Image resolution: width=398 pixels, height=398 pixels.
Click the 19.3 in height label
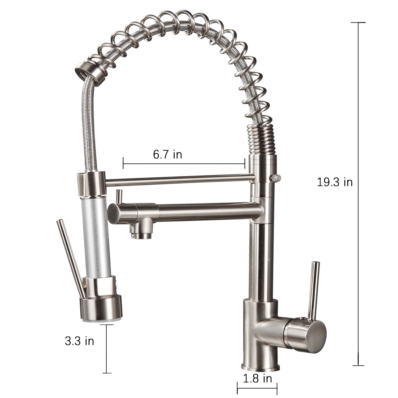tap(335, 182)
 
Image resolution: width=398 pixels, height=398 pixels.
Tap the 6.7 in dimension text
tap(167, 154)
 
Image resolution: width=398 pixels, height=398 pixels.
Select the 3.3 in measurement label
tap(80, 341)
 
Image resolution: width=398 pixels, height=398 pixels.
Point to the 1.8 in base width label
tap(258, 378)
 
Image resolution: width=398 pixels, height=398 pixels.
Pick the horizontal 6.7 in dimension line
tap(184, 164)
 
